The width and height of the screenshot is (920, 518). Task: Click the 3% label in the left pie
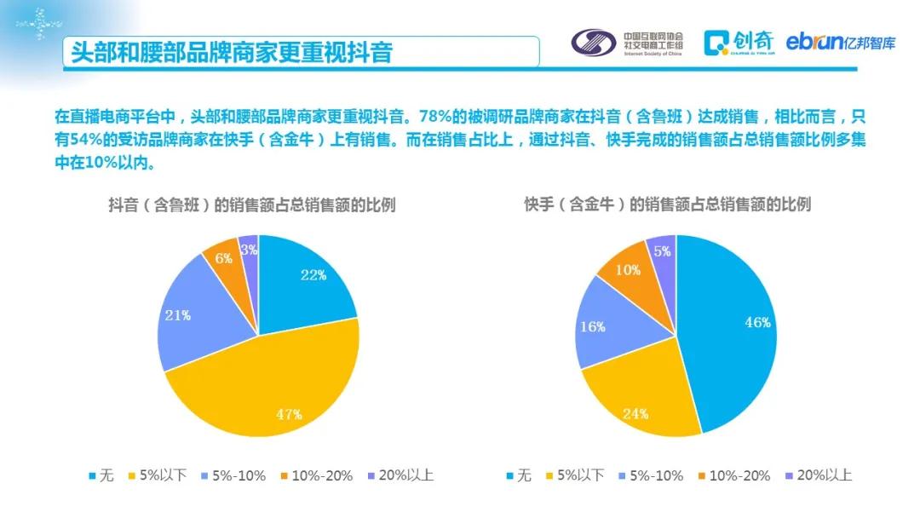coord(250,250)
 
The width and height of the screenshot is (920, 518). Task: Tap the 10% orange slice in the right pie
coord(629,269)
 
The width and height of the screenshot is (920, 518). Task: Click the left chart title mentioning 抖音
coord(251,204)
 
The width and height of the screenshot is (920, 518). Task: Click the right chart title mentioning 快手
coord(667,204)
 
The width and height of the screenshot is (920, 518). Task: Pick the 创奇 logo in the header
coord(740,41)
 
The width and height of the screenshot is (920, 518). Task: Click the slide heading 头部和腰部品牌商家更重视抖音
coord(232,52)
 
